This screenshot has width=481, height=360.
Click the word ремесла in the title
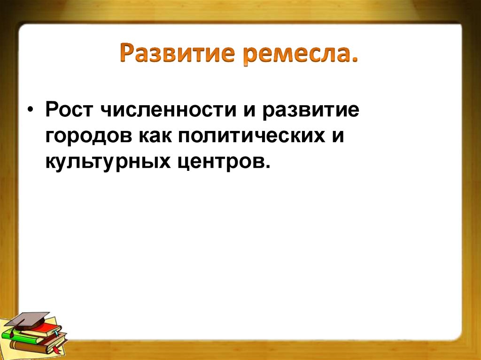pyautogui.click(x=301, y=54)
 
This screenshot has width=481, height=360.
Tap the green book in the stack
pyautogui.click(x=21, y=335)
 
